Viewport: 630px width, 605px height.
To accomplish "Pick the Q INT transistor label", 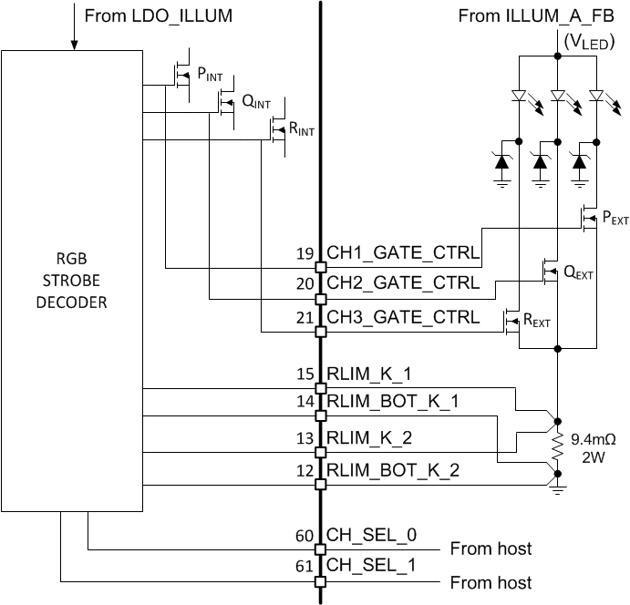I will click(256, 102).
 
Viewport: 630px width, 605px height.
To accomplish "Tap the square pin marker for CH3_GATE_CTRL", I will click(320, 332).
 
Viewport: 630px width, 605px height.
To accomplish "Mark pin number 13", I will click(305, 439).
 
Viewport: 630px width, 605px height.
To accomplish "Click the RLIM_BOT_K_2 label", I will click(392, 470).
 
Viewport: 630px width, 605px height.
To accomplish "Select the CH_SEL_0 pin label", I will click(371, 535).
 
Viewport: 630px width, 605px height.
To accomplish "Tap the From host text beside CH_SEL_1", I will click(491, 581).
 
